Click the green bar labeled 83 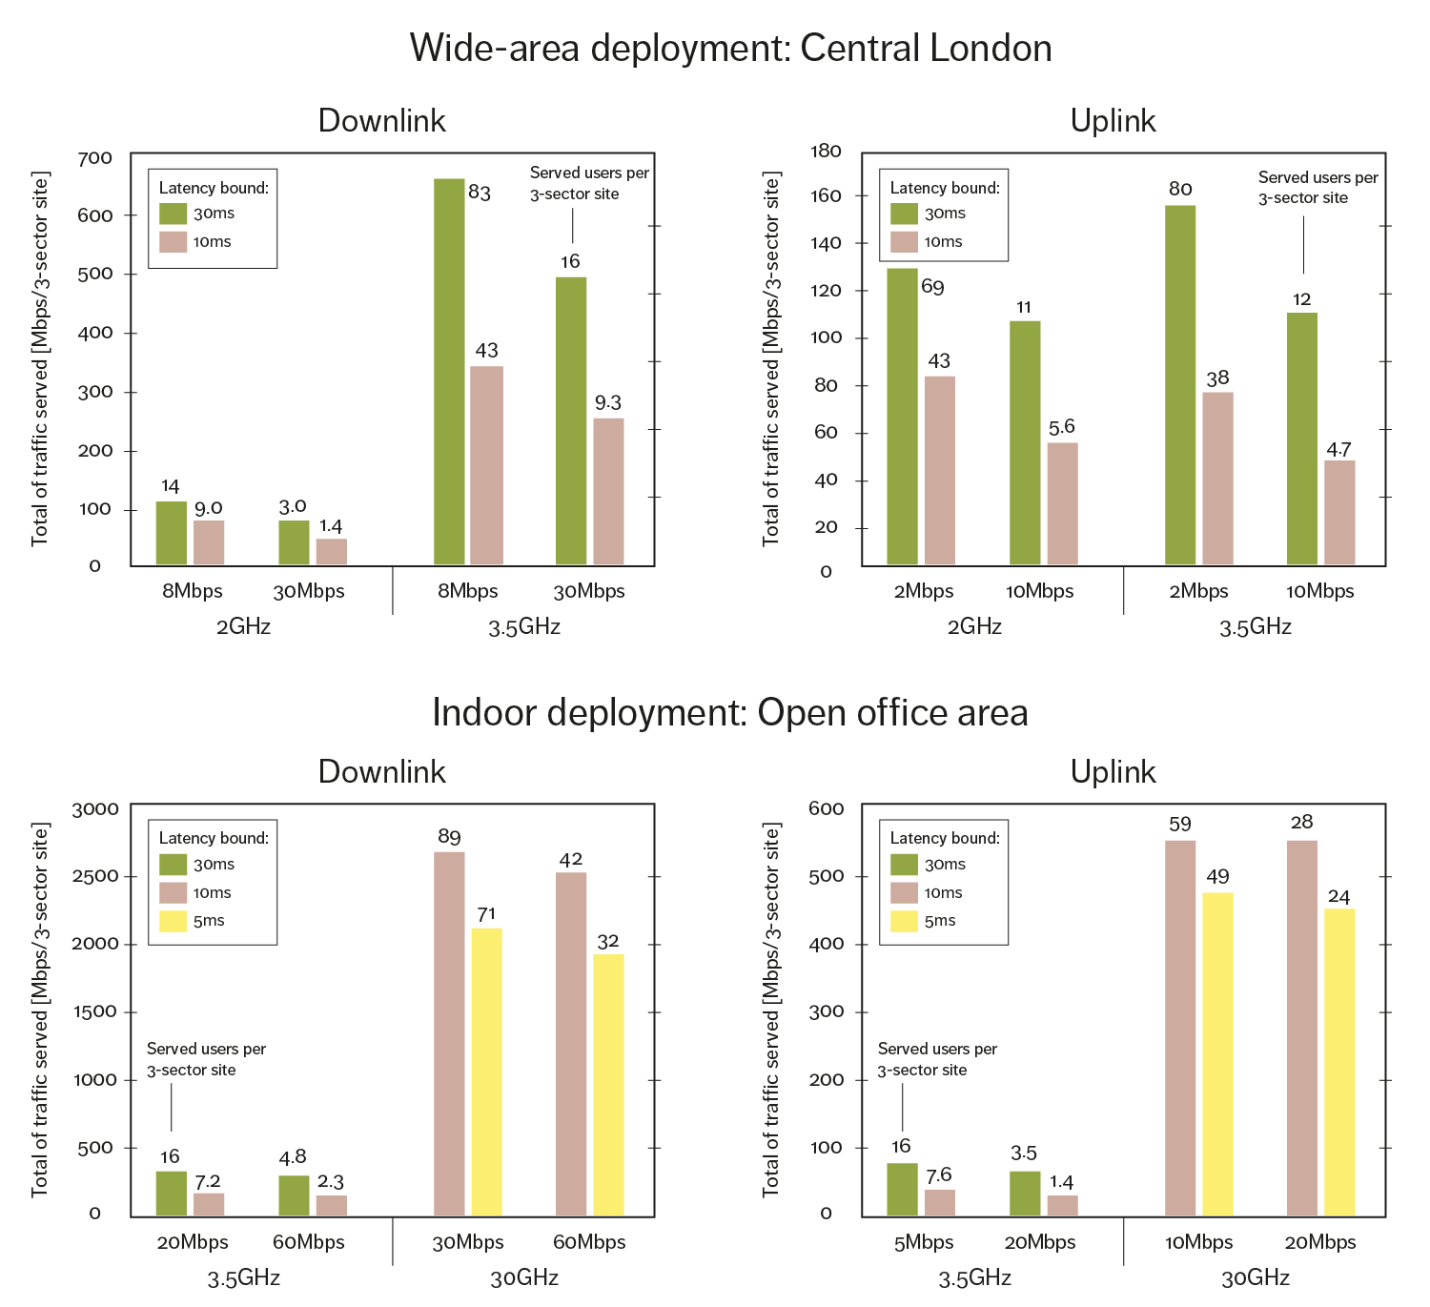point(449,372)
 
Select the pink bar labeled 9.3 point(608,491)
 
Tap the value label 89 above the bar point(449,837)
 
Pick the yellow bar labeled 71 point(486,1071)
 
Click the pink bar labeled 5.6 point(1062,503)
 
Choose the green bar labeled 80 point(1180,385)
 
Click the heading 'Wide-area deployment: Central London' point(730,48)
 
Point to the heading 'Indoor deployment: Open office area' point(730,713)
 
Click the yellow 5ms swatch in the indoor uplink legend point(904,921)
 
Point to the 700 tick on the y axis point(94,158)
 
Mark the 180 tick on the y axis point(826,152)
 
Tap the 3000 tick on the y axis point(94,809)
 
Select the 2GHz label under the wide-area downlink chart point(243,626)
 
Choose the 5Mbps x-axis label point(923,1242)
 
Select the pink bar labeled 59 point(1180,1028)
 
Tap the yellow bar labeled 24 point(1339,1062)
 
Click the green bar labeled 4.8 point(294,1195)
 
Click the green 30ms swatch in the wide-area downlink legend point(173,214)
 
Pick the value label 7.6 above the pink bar point(939,1175)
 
